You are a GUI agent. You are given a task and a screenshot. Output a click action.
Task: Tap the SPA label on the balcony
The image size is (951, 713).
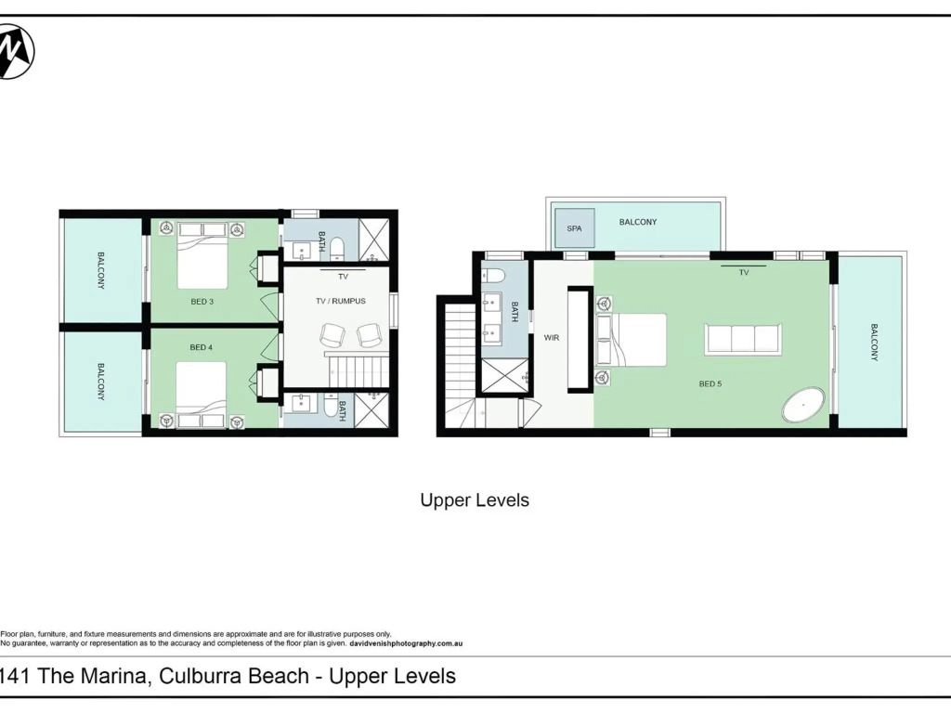click(574, 228)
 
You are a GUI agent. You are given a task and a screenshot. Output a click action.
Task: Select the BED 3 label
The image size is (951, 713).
click(202, 302)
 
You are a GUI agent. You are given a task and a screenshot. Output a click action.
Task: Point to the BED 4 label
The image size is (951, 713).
click(201, 347)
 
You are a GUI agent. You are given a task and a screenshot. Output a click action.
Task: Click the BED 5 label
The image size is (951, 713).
click(710, 383)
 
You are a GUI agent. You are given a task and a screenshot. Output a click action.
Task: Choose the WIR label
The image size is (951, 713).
click(552, 338)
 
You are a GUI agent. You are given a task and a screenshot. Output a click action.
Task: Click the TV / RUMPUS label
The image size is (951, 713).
click(341, 301)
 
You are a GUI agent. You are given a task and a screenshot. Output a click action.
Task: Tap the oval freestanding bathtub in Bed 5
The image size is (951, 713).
click(803, 405)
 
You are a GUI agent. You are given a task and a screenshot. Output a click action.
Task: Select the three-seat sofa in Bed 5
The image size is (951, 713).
click(743, 339)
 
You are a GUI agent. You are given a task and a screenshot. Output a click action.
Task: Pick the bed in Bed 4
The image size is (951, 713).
click(202, 395)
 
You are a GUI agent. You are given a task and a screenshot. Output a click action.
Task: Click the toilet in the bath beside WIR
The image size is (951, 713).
click(494, 275)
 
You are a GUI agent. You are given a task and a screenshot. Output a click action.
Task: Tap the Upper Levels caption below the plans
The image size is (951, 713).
click(475, 500)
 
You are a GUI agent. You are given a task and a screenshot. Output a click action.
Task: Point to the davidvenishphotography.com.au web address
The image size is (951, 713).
click(406, 644)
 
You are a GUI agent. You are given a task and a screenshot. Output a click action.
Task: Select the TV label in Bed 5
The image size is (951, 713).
click(744, 273)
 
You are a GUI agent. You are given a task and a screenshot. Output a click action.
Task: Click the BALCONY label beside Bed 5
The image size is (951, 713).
click(874, 343)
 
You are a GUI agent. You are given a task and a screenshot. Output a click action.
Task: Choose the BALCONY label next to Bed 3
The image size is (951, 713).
click(100, 270)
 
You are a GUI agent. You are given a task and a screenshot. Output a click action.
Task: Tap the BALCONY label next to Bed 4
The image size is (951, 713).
click(100, 382)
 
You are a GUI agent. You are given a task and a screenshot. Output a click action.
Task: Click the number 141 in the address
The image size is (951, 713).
click(15, 676)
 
